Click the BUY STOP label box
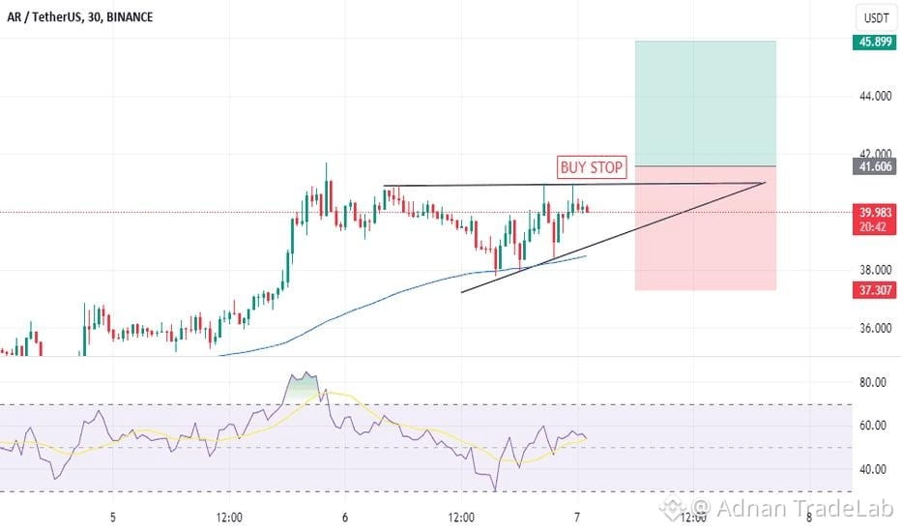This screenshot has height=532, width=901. click(592, 167)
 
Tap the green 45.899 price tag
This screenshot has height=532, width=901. click(875, 42)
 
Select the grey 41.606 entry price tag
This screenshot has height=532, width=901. click(875, 166)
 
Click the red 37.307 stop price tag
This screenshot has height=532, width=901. click(875, 290)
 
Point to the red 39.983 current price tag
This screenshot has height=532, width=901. click(875, 220)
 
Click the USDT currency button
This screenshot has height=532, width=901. click(876, 17)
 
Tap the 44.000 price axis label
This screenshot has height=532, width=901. click(875, 96)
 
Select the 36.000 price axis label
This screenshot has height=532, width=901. click(875, 329)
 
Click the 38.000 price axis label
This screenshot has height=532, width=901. click(875, 270)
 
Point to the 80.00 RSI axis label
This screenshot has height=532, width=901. click(872, 382)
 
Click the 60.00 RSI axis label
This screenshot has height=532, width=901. click(872, 426)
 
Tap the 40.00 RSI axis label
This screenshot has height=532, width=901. click(872, 469)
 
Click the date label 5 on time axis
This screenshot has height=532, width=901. click(112, 517)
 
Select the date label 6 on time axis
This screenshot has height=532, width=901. click(345, 517)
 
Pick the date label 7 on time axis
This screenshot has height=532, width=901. click(577, 517)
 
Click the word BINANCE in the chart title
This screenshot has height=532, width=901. click(130, 17)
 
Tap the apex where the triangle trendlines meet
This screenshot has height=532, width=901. click(765, 183)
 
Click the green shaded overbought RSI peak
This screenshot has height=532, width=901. click(304, 384)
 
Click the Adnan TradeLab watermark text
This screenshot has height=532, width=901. click(793, 508)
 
